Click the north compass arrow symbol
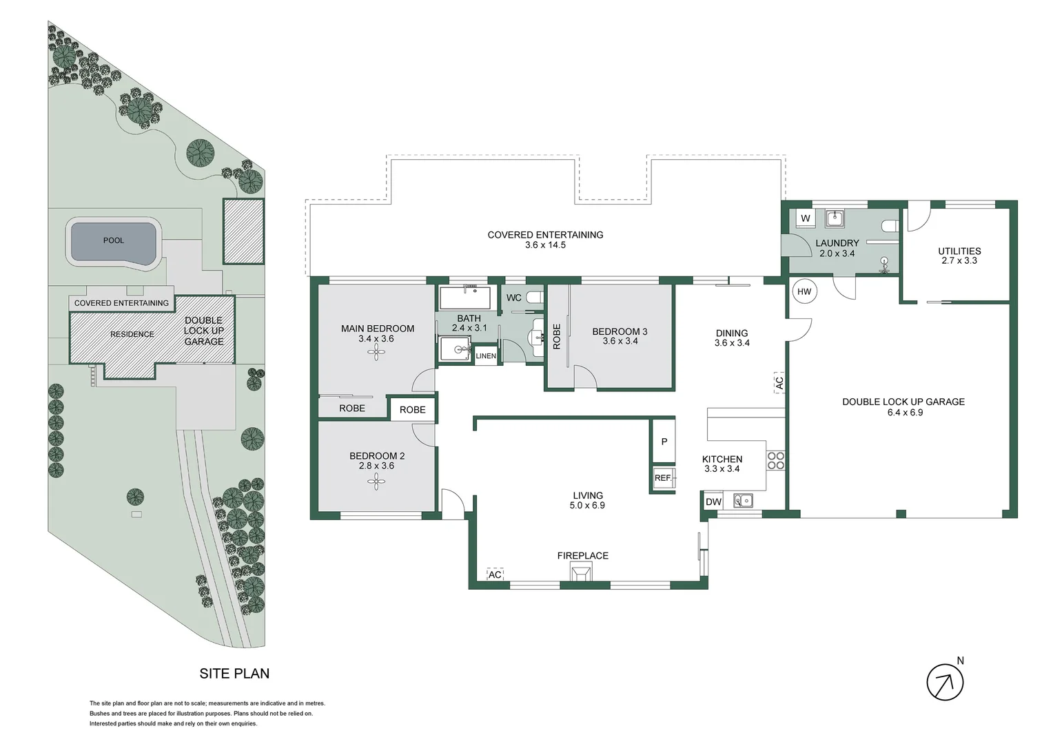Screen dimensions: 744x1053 pyautogui.click(x=945, y=683)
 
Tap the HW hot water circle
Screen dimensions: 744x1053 pyautogui.click(x=804, y=291)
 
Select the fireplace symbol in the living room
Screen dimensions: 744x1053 pyautogui.click(x=581, y=572)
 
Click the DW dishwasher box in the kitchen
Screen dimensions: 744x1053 pyautogui.click(x=713, y=502)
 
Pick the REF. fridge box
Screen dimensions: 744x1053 pyautogui.click(x=663, y=478)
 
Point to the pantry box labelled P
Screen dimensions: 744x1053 pyautogui.click(x=664, y=442)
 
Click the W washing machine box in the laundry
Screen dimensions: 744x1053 pyautogui.click(x=805, y=218)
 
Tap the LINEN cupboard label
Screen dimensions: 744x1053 pyautogui.click(x=486, y=356)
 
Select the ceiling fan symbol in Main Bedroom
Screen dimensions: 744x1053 pyautogui.click(x=376, y=353)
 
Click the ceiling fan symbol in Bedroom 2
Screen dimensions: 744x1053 pyautogui.click(x=376, y=481)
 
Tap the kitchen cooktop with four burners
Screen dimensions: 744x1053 pyautogui.click(x=776, y=460)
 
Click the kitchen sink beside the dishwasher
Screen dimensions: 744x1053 pyautogui.click(x=743, y=501)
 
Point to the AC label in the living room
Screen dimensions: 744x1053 pyautogui.click(x=495, y=575)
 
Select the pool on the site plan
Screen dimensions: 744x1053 pyautogui.click(x=114, y=241)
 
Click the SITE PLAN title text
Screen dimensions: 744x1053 pyautogui.click(x=234, y=674)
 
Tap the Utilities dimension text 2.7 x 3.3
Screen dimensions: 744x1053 pyautogui.click(x=959, y=261)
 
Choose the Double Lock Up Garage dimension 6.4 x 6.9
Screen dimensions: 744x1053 pyautogui.click(x=903, y=413)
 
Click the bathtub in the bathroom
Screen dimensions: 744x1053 pyautogui.click(x=465, y=298)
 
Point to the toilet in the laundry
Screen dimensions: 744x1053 pyautogui.click(x=890, y=225)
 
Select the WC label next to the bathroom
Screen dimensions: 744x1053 pyautogui.click(x=514, y=298)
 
